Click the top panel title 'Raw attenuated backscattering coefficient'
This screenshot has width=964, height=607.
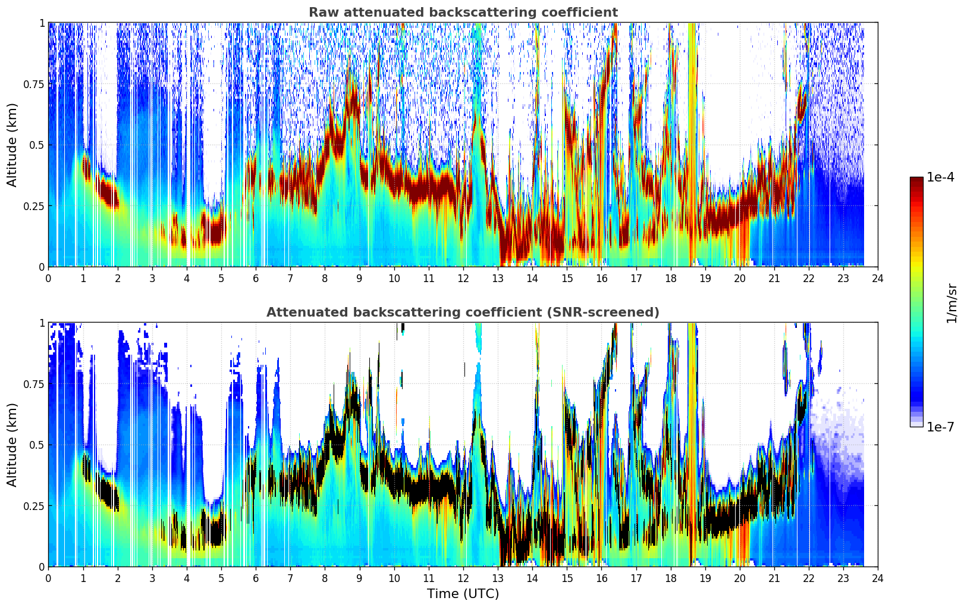click(x=463, y=12)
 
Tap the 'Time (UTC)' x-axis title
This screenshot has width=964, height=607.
click(x=463, y=594)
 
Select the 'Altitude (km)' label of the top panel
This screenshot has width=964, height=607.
click(x=12, y=145)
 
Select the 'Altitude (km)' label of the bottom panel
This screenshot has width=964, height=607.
click(x=12, y=445)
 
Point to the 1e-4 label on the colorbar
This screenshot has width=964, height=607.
click(x=940, y=177)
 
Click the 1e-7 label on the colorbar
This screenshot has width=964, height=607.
click(x=940, y=427)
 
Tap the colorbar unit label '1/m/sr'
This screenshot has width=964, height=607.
click(x=952, y=303)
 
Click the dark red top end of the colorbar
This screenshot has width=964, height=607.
click(x=916, y=179)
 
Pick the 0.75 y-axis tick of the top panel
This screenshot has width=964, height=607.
click(x=33, y=84)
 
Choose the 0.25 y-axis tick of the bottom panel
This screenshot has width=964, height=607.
click(x=33, y=506)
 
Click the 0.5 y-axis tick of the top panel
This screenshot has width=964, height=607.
click(x=36, y=145)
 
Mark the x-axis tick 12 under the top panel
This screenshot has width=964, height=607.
click(x=463, y=279)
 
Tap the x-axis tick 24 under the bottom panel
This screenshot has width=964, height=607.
click(x=878, y=578)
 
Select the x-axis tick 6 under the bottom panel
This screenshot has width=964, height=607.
click(x=256, y=578)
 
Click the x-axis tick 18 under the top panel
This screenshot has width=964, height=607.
click(x=670, y=279)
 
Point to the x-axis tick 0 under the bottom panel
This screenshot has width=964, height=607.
click(x=48, y=578)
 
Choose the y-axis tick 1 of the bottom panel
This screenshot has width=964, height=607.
click(x=42, y=323)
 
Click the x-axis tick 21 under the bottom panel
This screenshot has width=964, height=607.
click(x=774, y=578)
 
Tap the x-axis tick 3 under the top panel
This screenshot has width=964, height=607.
click(x=152, y=279)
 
